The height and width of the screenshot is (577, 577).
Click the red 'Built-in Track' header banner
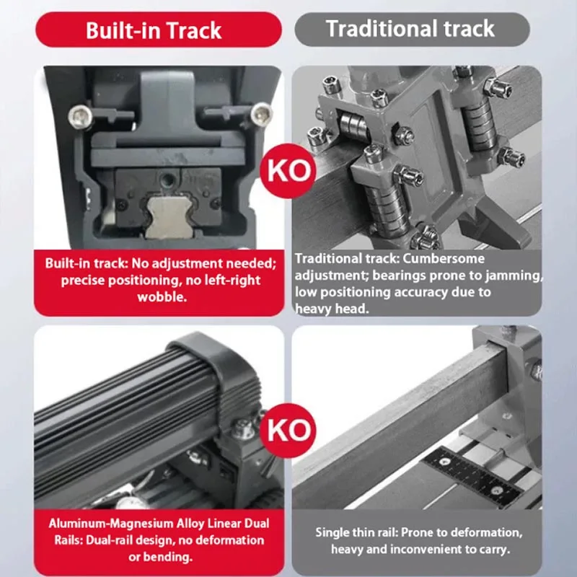pos(154,30)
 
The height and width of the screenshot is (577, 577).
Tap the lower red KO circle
pos(288,431)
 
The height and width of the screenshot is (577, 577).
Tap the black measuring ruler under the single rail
pos(472,477)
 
